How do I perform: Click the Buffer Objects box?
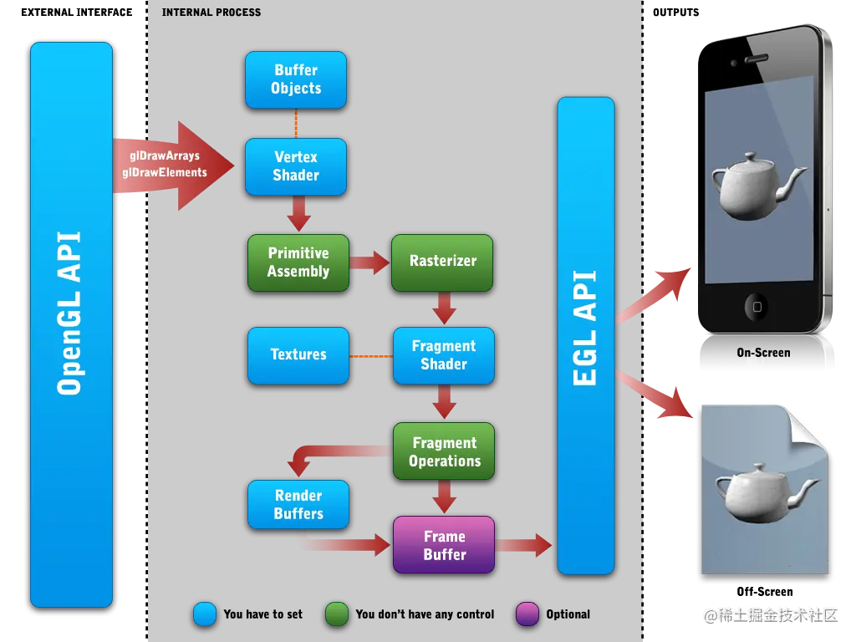(295, 79)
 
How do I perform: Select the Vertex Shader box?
(295, 166)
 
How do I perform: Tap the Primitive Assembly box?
(298, 262)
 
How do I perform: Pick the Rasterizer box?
(442, 262)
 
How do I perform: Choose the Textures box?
(298, 355)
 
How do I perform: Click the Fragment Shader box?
(443, 355)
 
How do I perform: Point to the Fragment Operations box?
(444, 451)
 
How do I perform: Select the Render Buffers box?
(298, 504)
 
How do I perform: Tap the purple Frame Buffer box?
(444, 545)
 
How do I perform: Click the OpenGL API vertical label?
(70, 313)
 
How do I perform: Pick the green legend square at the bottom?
(336, 614)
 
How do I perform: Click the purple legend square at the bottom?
(527, 614)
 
